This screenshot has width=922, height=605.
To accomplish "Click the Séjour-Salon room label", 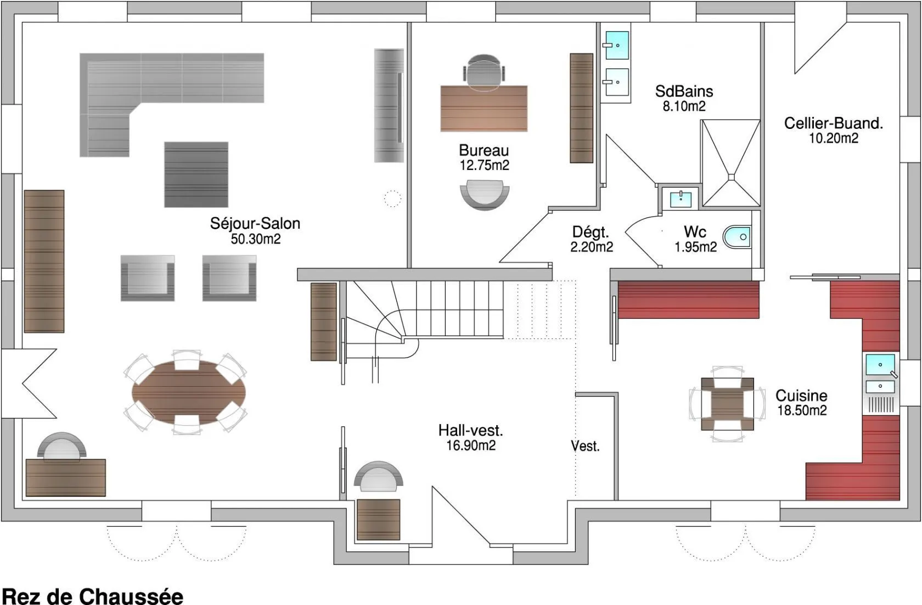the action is click(255, 223).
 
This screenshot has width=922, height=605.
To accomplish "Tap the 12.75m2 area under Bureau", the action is click(485, 165).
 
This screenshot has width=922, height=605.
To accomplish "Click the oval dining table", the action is click(189, 393).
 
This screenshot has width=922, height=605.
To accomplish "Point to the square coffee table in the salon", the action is click(196, 174).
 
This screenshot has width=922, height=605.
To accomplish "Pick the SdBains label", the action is click(684, 91).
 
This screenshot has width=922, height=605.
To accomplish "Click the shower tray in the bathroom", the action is click(731, 163).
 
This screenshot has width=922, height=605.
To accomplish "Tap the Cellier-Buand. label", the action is click(834, 123).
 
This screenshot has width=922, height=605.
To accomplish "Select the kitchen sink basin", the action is click(880, 364).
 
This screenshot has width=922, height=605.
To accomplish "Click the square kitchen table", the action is click(727, 404).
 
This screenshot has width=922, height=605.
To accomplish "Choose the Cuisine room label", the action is click(801, 395).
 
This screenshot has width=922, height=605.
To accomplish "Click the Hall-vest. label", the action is click(470, 431).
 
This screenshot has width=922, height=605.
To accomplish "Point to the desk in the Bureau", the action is click(484, 109).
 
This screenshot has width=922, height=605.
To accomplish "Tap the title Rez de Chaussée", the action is click(93, 596).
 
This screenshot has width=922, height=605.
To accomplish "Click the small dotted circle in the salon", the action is click(392, 199).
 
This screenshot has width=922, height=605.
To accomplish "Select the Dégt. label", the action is click(591, 233).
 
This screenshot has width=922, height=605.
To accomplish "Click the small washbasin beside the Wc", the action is click(681, 199).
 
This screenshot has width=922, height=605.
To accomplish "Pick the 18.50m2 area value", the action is click(802, 410).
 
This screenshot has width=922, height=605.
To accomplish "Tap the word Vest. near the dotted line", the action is click(585, 446).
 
